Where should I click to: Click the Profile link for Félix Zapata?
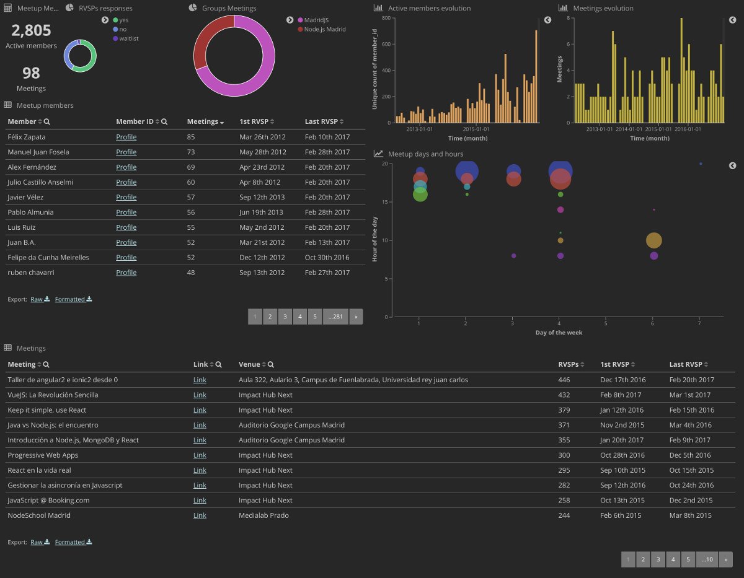pos(126,137)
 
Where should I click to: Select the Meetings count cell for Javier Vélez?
pos(191,198)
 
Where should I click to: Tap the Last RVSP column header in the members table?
pos(321,121)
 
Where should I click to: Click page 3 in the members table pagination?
pos(285,317)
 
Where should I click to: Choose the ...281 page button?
pos(335,317)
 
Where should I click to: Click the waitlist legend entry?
pos(126,38)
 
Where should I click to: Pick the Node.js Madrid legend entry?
pos(322,29)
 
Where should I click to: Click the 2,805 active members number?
pos(31,30)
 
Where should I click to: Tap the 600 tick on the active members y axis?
pos(386,44)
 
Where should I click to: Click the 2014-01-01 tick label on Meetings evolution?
pos(629,129)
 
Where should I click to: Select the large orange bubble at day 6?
pos(653,240)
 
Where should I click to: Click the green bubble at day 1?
pos(420,195)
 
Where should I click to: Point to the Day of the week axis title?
pos(559,333)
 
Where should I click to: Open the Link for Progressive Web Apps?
pos(200,455)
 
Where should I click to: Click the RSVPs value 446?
pos(564,380)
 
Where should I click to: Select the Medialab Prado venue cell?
pos(263,515)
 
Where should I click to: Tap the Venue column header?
pos(249,364)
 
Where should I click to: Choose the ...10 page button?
pos(707,559)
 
